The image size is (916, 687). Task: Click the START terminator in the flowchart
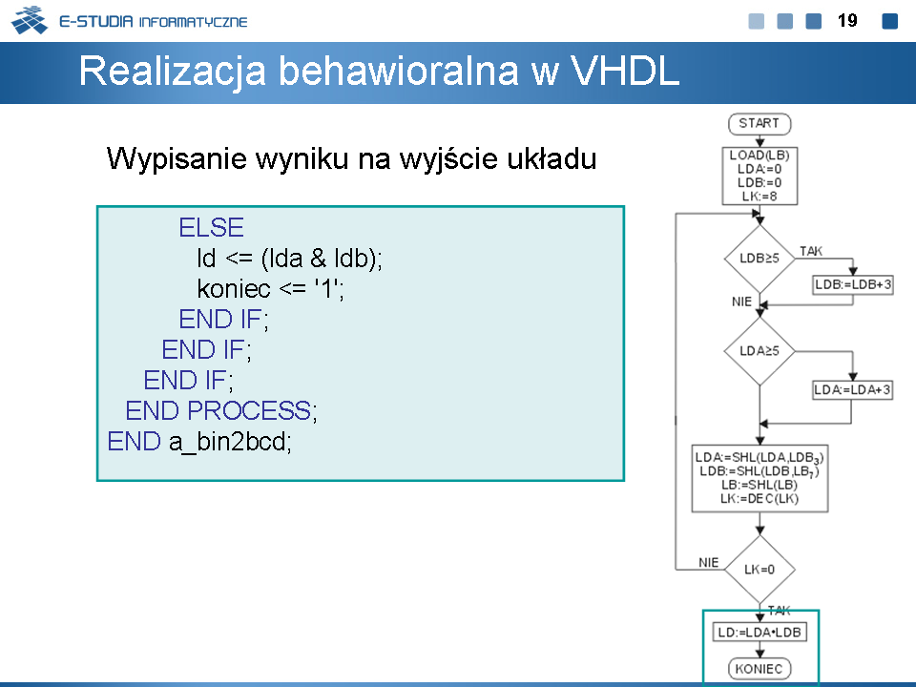click(x=760, y=124)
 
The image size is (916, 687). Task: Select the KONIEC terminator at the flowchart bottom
click(x=760, y=669)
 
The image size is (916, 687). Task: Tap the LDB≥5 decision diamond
click(x=760, y=259)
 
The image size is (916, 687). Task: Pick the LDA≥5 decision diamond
click(x=760, y=351)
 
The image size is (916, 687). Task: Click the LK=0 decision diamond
click(x=760, y=570)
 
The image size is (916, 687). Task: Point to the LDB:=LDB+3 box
click(x=853, y=285)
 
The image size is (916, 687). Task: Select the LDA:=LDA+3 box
click(x=853, y=389)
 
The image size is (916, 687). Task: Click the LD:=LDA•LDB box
click(x=760, y=632)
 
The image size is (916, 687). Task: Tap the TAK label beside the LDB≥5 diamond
click(x=811, y=251)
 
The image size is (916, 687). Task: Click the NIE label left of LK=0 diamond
click(x=709, y=563)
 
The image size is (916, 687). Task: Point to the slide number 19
click(x=847, y=21)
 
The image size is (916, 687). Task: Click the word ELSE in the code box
click(x=212, y=228)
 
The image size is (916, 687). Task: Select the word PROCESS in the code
click(x=249, y=410)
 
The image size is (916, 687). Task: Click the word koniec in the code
click(x=234, y=288)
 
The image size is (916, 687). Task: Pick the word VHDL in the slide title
click(x=624, y=71)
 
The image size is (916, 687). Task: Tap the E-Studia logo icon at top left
click(x=30, y=20)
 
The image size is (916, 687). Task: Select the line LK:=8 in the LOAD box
click(x=760, y=197)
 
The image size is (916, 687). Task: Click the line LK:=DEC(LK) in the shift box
click(x=760, y=499)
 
